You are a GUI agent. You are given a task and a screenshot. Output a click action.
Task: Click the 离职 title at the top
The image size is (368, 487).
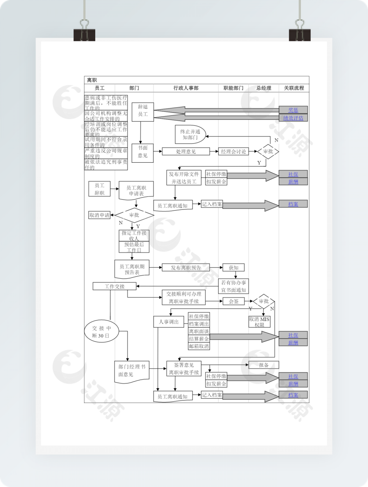92,80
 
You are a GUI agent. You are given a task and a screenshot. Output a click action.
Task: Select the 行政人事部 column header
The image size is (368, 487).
186,88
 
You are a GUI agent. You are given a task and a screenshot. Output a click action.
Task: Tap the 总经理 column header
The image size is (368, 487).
264,88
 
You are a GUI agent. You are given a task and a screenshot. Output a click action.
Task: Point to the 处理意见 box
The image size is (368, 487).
186,151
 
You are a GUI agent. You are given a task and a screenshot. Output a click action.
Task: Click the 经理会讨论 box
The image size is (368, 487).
233,151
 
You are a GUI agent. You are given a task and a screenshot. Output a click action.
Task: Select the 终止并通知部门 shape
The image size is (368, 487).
190,134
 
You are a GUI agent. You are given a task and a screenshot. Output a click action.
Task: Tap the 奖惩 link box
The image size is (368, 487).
293,110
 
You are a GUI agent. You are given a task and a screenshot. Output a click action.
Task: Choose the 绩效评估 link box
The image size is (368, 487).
293,118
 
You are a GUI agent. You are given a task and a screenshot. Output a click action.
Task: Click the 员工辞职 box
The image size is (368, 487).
99,189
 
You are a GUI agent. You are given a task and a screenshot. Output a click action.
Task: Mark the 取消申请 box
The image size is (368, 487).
99,215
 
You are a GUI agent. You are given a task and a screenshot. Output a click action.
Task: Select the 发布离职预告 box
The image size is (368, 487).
186,267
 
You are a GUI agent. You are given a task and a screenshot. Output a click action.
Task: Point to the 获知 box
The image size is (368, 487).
233,267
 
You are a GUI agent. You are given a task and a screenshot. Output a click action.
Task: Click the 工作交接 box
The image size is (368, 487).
115,286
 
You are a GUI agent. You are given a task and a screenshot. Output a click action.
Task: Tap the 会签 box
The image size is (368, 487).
233,301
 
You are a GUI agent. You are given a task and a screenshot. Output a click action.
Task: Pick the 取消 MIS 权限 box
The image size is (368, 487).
259,322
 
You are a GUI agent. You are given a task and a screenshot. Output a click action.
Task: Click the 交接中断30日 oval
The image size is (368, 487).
101,332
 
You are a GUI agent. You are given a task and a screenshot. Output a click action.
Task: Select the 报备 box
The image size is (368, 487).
264,365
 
